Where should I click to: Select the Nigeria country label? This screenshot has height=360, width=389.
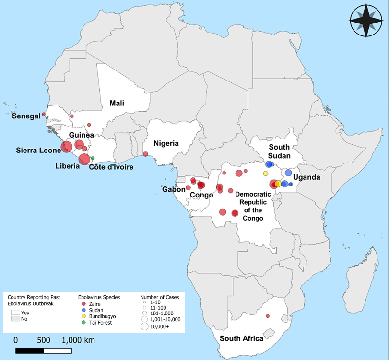click(166, 143)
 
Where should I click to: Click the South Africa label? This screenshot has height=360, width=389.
click(241, 338)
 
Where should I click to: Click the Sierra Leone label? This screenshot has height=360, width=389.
click(38, 150)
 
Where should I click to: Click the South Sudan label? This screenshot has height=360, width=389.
click(279, 151)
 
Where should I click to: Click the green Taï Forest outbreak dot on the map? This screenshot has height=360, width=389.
click(93, 158)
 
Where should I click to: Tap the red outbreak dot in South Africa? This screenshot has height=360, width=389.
click(268, 316)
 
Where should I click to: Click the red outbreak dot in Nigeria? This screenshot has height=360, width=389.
click(145, 154)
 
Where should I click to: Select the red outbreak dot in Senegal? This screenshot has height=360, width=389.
click(44, 114)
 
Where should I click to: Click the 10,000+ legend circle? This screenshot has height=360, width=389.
click(144, 326)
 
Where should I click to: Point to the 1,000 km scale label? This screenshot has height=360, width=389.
click(78, 340)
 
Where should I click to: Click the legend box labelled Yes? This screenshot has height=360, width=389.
click(16, 312)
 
